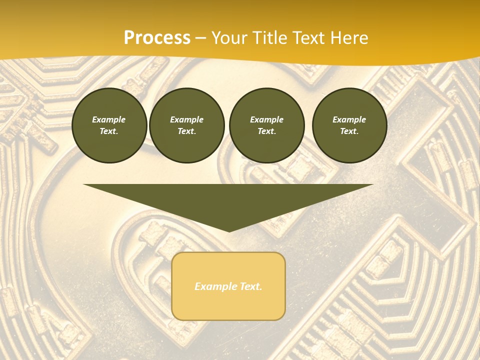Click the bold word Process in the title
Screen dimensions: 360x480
[157, 38]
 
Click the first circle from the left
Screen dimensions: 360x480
[109, 125]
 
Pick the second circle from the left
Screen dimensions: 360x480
[187, 125]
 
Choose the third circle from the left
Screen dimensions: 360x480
[266, 125]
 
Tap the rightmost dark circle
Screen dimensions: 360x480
[349, 125]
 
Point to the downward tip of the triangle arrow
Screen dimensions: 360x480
[229, 230]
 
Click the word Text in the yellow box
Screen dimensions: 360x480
[250, 286]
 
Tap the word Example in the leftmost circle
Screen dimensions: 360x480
[109, 119]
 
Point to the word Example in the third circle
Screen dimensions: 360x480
[266, 119]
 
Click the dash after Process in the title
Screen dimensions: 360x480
[201, 38]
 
